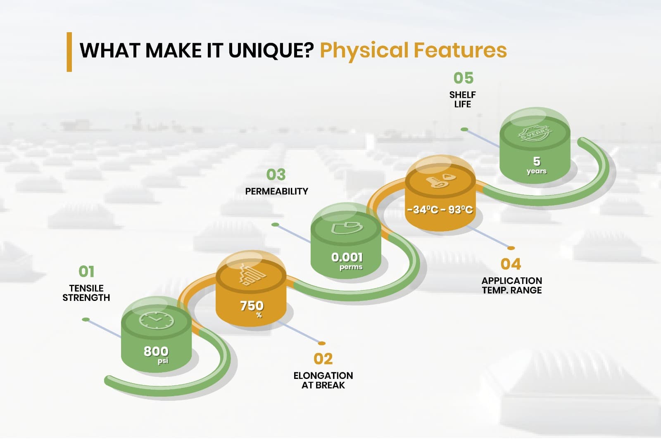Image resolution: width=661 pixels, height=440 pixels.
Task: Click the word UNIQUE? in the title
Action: click(x=271, y=50)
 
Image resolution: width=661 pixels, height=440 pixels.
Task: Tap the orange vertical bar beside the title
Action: click(x=69, y=52)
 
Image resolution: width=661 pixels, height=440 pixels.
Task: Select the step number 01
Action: click(x=86, y=271)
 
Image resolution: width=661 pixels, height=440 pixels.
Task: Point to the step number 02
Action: click(x=323, y=359)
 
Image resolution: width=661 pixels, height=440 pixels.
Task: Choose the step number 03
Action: click(x=276, y=175)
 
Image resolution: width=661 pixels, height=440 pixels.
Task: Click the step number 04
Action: click(x=511, y=264)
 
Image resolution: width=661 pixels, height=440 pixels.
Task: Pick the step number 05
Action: click(x=463, y=78)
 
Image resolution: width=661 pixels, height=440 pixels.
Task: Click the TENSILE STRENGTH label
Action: click(x=86, y=293)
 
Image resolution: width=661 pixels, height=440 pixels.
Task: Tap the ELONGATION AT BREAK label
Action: click(x=323, y=381)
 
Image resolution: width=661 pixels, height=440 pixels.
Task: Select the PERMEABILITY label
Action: click(x=276, y=192)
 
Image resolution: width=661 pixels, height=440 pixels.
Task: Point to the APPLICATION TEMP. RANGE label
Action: click(x=512, y=286)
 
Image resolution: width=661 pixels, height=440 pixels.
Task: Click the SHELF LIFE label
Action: click(x=462, y=99)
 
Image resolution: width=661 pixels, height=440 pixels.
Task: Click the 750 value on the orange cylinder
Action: click(x=252, y=306)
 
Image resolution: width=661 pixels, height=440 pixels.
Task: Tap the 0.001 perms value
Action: click(x=347, y=261)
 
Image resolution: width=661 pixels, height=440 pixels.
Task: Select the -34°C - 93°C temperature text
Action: click(x=440, y=209)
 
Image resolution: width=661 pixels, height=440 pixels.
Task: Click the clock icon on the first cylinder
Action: click(x=157, y=320)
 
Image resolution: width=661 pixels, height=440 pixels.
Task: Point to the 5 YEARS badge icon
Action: click(x=535, y=133)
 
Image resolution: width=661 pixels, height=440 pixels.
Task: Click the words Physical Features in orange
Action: click(x=414, y=51)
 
